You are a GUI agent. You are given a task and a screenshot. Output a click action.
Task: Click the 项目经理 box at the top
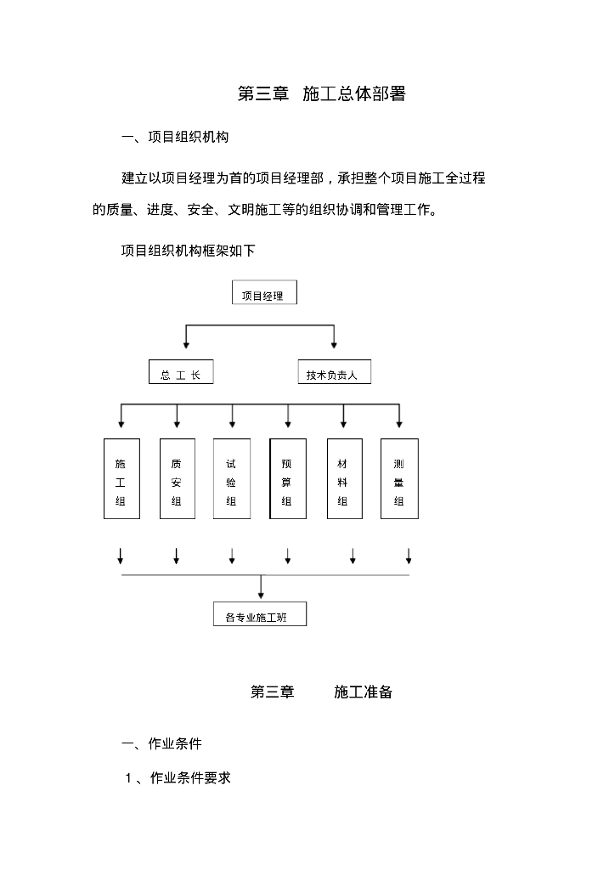point(264,293)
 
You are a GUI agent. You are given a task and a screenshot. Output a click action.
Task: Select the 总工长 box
point(180,372)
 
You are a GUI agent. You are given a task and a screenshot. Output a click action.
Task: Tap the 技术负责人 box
point(334,372)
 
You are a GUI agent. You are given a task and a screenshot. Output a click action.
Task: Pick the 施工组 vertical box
point(121,478)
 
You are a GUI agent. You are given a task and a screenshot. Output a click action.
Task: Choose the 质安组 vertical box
point(177,478)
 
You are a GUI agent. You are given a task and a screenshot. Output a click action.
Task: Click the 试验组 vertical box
point(231,478)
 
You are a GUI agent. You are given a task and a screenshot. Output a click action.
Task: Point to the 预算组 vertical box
point(287,478)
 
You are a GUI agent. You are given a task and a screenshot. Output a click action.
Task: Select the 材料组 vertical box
point(343,478)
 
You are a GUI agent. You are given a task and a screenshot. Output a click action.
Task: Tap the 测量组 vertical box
point(399,478)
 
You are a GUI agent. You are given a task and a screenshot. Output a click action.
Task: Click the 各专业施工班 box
point(259,614)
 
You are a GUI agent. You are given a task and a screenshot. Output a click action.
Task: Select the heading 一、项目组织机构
point(175,137)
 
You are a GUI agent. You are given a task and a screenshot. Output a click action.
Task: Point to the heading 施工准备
point(363,692)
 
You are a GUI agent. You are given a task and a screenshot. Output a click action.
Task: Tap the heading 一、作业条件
point(161,744)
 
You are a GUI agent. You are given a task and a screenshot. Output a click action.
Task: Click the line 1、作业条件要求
point(178,777)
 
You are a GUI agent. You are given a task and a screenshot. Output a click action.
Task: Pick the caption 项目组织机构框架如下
point(188,251)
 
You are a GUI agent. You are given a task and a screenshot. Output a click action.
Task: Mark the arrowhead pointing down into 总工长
point(186,344)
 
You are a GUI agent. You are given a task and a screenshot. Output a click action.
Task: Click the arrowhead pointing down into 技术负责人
point(334,344)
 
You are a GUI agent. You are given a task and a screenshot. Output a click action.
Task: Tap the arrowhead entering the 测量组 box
point(399,423)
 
